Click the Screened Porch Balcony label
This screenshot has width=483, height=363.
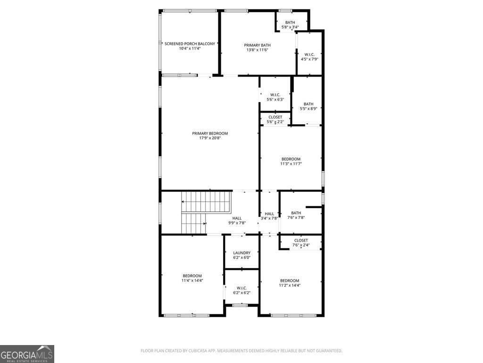pyautogui.click(x=190, y=43)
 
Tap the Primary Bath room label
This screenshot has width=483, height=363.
pyautogui.click(x=257, y=45)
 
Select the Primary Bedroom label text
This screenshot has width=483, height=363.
pyautogui.click(x=210, y=133)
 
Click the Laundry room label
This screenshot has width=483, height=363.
pyautogui.click(x=241, y=253)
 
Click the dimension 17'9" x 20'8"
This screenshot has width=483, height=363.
pyautogui.click(x=210, y=138)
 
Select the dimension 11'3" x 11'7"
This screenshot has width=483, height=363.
pyautogui.click(x=291, y=164)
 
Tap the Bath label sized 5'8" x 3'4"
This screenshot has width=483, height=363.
pyautogui.click(x=290, y=23)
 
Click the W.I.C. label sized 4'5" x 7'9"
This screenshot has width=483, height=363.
pyautogui.click(x=309, y=54)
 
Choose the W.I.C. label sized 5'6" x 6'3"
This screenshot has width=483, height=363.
pyautogui.click(x=275, y=95)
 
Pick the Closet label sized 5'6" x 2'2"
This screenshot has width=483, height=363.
pyautogui.click(x=275, y=117)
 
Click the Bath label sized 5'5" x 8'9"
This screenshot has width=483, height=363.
pyautogui.click(x=308, y=104)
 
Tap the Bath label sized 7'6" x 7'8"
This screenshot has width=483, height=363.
pyautogui.click(x=296, y=213)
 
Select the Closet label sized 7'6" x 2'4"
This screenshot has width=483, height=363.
pyautogui.click(x=301, y=240)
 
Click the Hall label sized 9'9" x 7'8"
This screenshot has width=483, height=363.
pyautogui.click(x=237, y=218)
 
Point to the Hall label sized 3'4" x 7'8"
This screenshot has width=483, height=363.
pyautogui.click(x=269, y=214)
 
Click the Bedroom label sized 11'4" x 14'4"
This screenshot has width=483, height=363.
pyautogui.click(x=192, y=276)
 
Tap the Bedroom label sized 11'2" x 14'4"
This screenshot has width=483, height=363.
pyautogui.click(x=290, y=280)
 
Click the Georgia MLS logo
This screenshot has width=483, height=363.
pyautogui.click(x=27, y=354)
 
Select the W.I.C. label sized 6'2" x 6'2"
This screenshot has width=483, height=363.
pyautogui.click(x=241, y=288)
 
